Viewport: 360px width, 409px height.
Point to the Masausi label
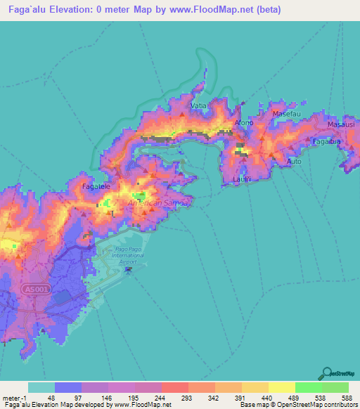(x=342, y=124)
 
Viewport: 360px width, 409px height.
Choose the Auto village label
(x=294, y=162)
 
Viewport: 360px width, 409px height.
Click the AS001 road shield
(x=32, y=289)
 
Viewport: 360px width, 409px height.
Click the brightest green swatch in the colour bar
(x=308, y=387)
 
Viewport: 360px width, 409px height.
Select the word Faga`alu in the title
(x=21, y=9)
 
